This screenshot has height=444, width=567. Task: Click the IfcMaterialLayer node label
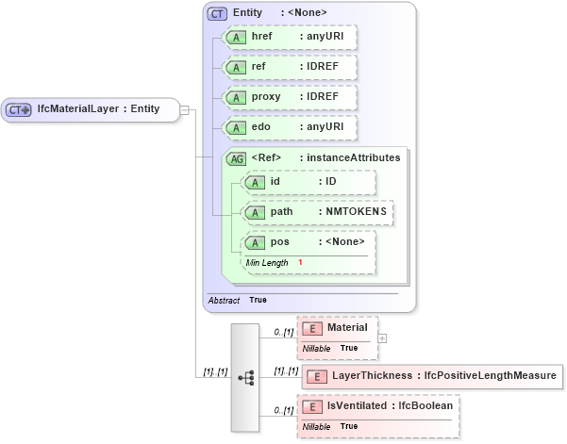coord(98,109)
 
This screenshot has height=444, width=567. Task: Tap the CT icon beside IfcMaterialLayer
coord(19,109)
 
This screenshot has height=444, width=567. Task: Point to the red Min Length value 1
coord(300,262)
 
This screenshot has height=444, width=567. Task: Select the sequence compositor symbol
coord(245,377)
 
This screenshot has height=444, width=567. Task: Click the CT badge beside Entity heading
coord(217,13)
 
